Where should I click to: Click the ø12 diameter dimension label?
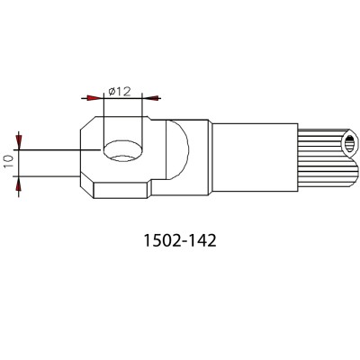120,91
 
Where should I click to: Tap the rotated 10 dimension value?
9,162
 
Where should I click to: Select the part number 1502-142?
180,240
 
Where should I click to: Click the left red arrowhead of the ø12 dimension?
93,98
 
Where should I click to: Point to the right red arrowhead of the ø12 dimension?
153,98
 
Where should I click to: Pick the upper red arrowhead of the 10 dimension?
19,139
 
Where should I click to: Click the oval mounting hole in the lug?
123,151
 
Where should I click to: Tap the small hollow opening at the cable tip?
349,142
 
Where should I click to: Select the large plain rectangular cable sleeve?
255,157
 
